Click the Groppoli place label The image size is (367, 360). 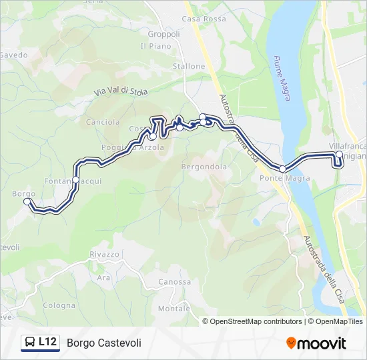(x=164, y=34)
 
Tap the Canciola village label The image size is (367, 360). (x=103, y=122)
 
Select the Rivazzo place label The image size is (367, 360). (x=104, y=254)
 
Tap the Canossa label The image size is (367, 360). (x=175, y=281)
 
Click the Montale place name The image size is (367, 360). (x=174, y=309)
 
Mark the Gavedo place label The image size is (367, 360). (x=13, y=55)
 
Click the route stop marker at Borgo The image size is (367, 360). (x=27, y=201)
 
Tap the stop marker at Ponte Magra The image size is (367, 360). (x=283, y=169)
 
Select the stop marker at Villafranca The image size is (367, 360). (x=339, y=155)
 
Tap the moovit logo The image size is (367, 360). (x=316, y=343)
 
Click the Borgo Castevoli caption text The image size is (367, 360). (x=104, y=343)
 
